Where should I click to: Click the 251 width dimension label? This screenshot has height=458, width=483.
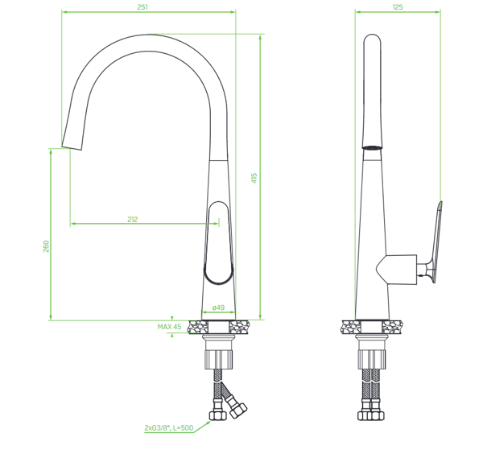coord(142,7)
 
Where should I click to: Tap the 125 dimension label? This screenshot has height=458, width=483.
coord(398,7)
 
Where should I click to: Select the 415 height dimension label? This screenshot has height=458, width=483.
coord(254,178)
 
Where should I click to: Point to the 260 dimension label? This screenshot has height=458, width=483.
coord(46,246)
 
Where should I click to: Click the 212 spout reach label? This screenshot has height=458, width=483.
coord(133,219)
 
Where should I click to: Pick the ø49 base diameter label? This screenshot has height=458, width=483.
coord(218,307)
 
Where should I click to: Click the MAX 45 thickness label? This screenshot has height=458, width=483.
coord(169,327)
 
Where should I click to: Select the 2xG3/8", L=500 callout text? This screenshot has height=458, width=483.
coord(169,428)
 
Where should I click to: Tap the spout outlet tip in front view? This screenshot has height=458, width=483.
coord(72,147)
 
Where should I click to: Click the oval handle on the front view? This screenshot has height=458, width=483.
coord(218,243)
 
